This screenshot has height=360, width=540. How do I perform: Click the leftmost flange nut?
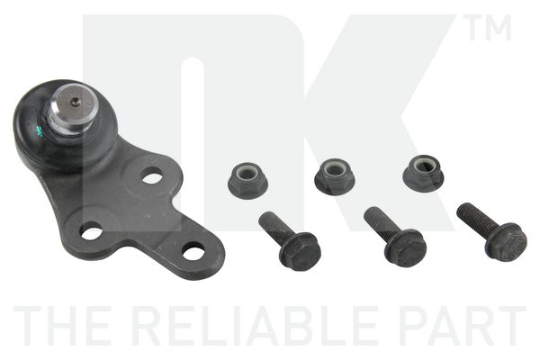[x=248, y=180]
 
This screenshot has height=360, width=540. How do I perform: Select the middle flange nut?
[x=335, y=176]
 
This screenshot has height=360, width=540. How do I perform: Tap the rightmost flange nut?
[x=423, y=173]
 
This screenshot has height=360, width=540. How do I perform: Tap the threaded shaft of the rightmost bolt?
[x=475, y=217]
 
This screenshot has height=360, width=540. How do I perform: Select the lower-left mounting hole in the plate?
[x=92, y=231]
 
